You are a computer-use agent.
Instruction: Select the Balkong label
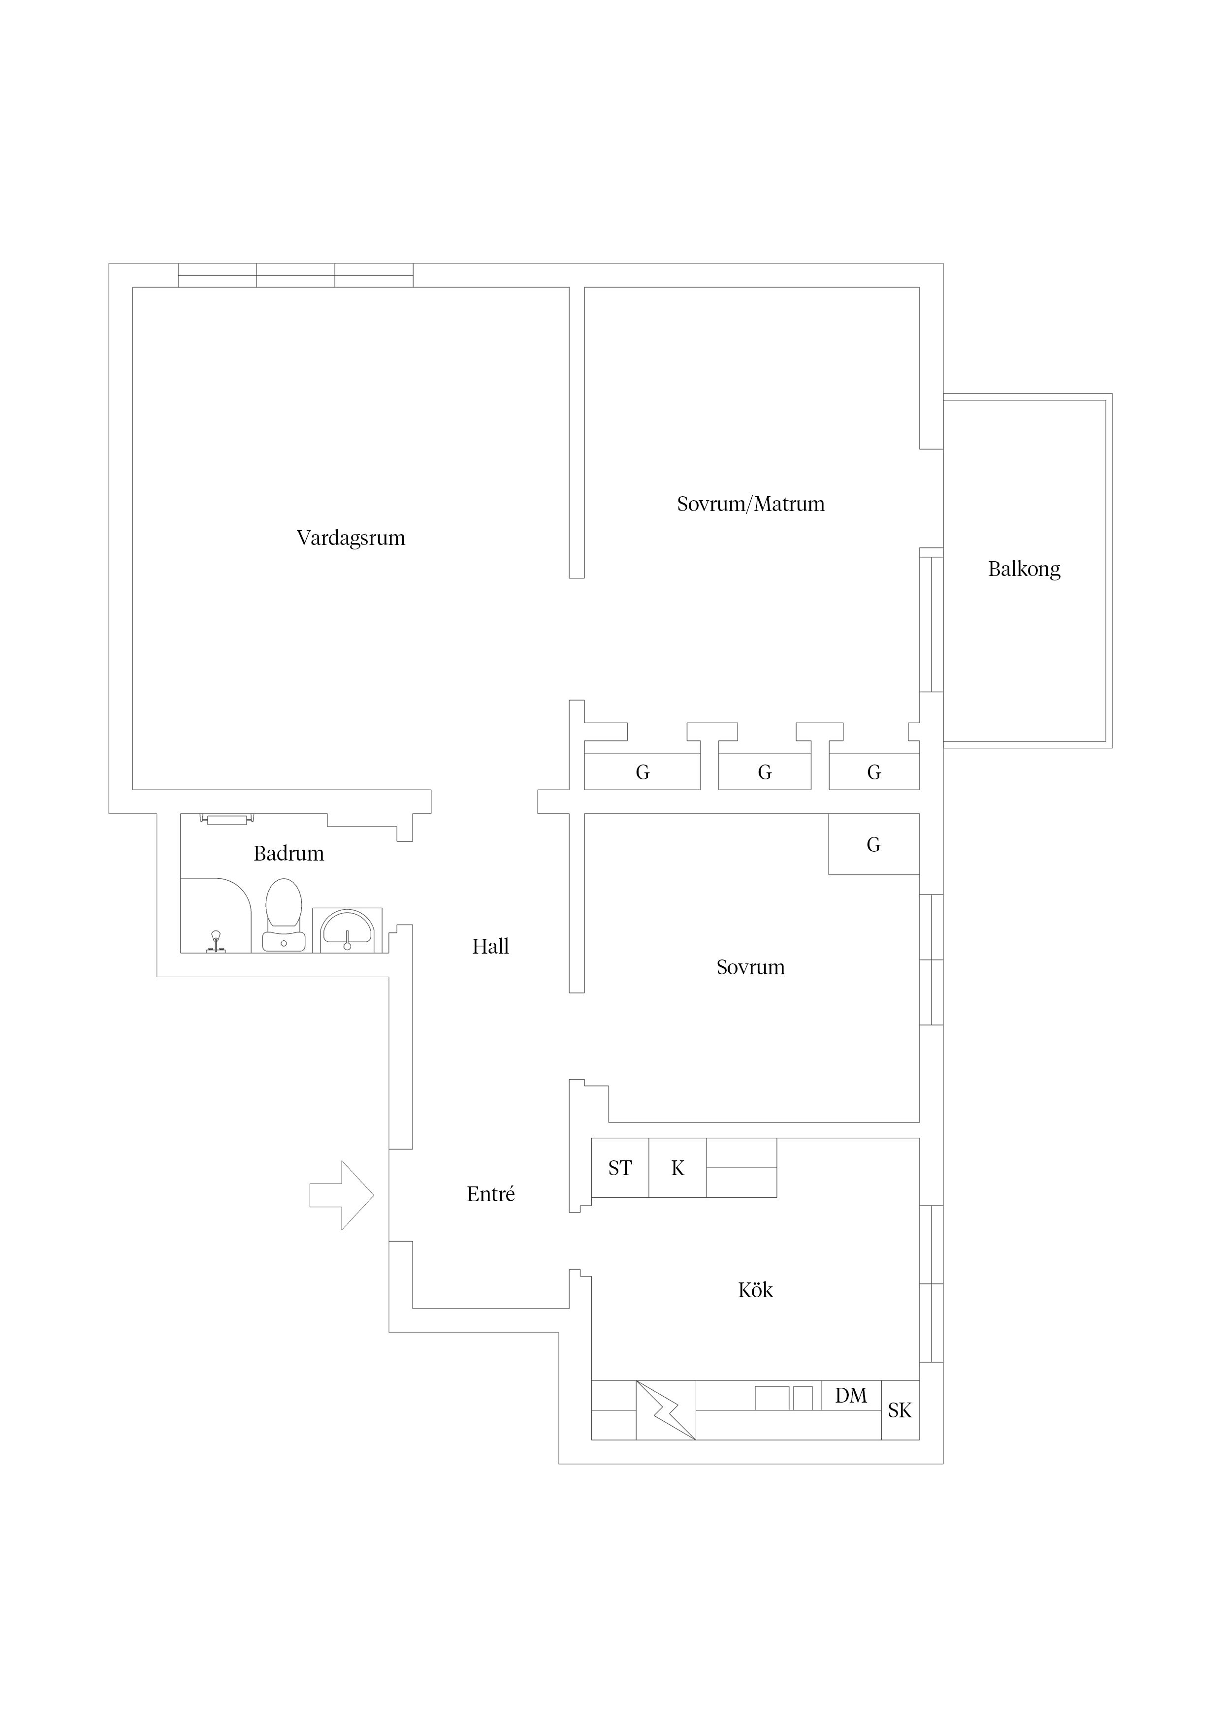[1024, 570]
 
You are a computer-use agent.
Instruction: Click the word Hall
[490, 946]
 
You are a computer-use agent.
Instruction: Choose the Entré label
[490, 1194]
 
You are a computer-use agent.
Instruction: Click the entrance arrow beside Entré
[342, 1195]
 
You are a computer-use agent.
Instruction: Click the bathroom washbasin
[347, 930]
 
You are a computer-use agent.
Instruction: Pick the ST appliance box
[620, 1168]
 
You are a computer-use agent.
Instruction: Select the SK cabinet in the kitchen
[900, 1410]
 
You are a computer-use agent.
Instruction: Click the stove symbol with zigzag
[666, 1410]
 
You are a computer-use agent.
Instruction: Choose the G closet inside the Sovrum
[873, 844]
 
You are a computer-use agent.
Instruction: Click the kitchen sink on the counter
[783, 1398]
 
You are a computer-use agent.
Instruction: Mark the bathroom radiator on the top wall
[226, 818]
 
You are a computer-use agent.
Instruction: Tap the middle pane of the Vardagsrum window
[296, 275]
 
